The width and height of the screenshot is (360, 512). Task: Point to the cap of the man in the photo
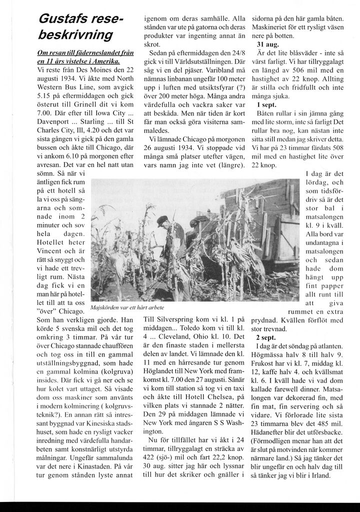[162, 219]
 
